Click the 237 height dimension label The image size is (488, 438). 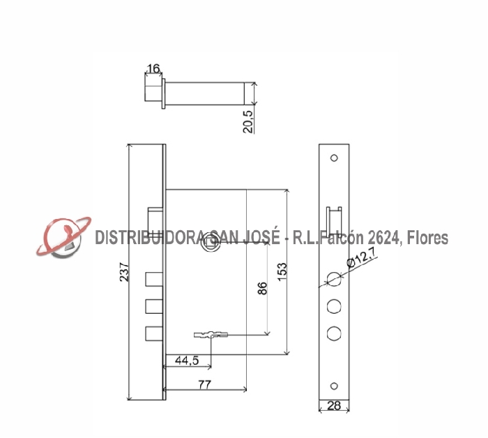click(x=124, y=273)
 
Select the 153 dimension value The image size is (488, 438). click(x=282, y=271)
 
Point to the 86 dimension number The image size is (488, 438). click(x=262, y=288)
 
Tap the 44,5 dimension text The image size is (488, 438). click(x=187, y=361)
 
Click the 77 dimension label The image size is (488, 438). click(x=205, y=384)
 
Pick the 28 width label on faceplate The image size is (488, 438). click(x=334, y=406)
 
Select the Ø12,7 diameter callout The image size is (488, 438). click(x=361, y=257)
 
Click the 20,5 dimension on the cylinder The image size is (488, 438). click(x=248, y=122)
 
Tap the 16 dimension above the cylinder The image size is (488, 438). click(x=153, y=68)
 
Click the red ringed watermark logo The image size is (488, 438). click(x=63, y=237)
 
